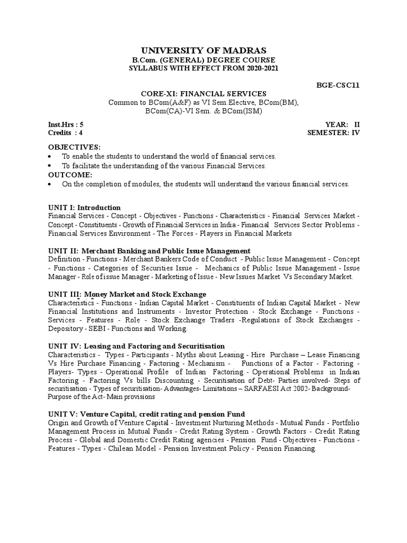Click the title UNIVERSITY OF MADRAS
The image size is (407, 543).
pyautogui.click(x=204, y=50)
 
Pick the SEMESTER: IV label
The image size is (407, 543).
pyautogui.click(x=333, y=133)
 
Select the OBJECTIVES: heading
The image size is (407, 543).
pyautogui.click(x=74, y=147)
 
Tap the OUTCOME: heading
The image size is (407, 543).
pyautogui.click(x=70, y=174)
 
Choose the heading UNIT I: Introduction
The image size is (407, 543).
pyautogui.click(x=84, y=207)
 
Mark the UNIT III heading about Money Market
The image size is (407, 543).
pyautogui.click(x=127, y=294)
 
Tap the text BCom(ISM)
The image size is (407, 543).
pyautogui.click(x=243, y=111)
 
